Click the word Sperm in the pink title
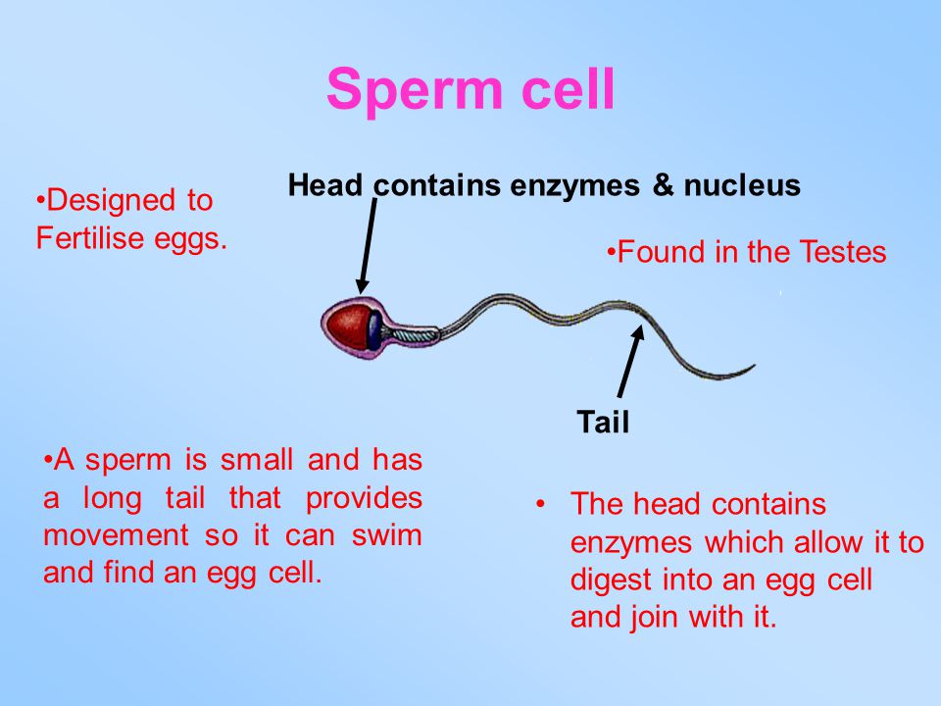[x=415, y=90]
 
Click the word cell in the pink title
[x=568, y=88]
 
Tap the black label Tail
[x=603, y=422]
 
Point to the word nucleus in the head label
[x=742, y=185]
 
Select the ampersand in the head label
[x=663, y=184]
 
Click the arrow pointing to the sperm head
[x=368, y=246]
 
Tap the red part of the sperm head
[x=347, y=327]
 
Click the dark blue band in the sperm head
[x=374, y=330]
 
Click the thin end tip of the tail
[x=754, y=365]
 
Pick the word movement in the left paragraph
[x=116, y=535]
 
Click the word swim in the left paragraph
[x=386, y=534]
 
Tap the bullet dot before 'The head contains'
[x=541, y=504]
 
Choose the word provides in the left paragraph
[x=365, y=498]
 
